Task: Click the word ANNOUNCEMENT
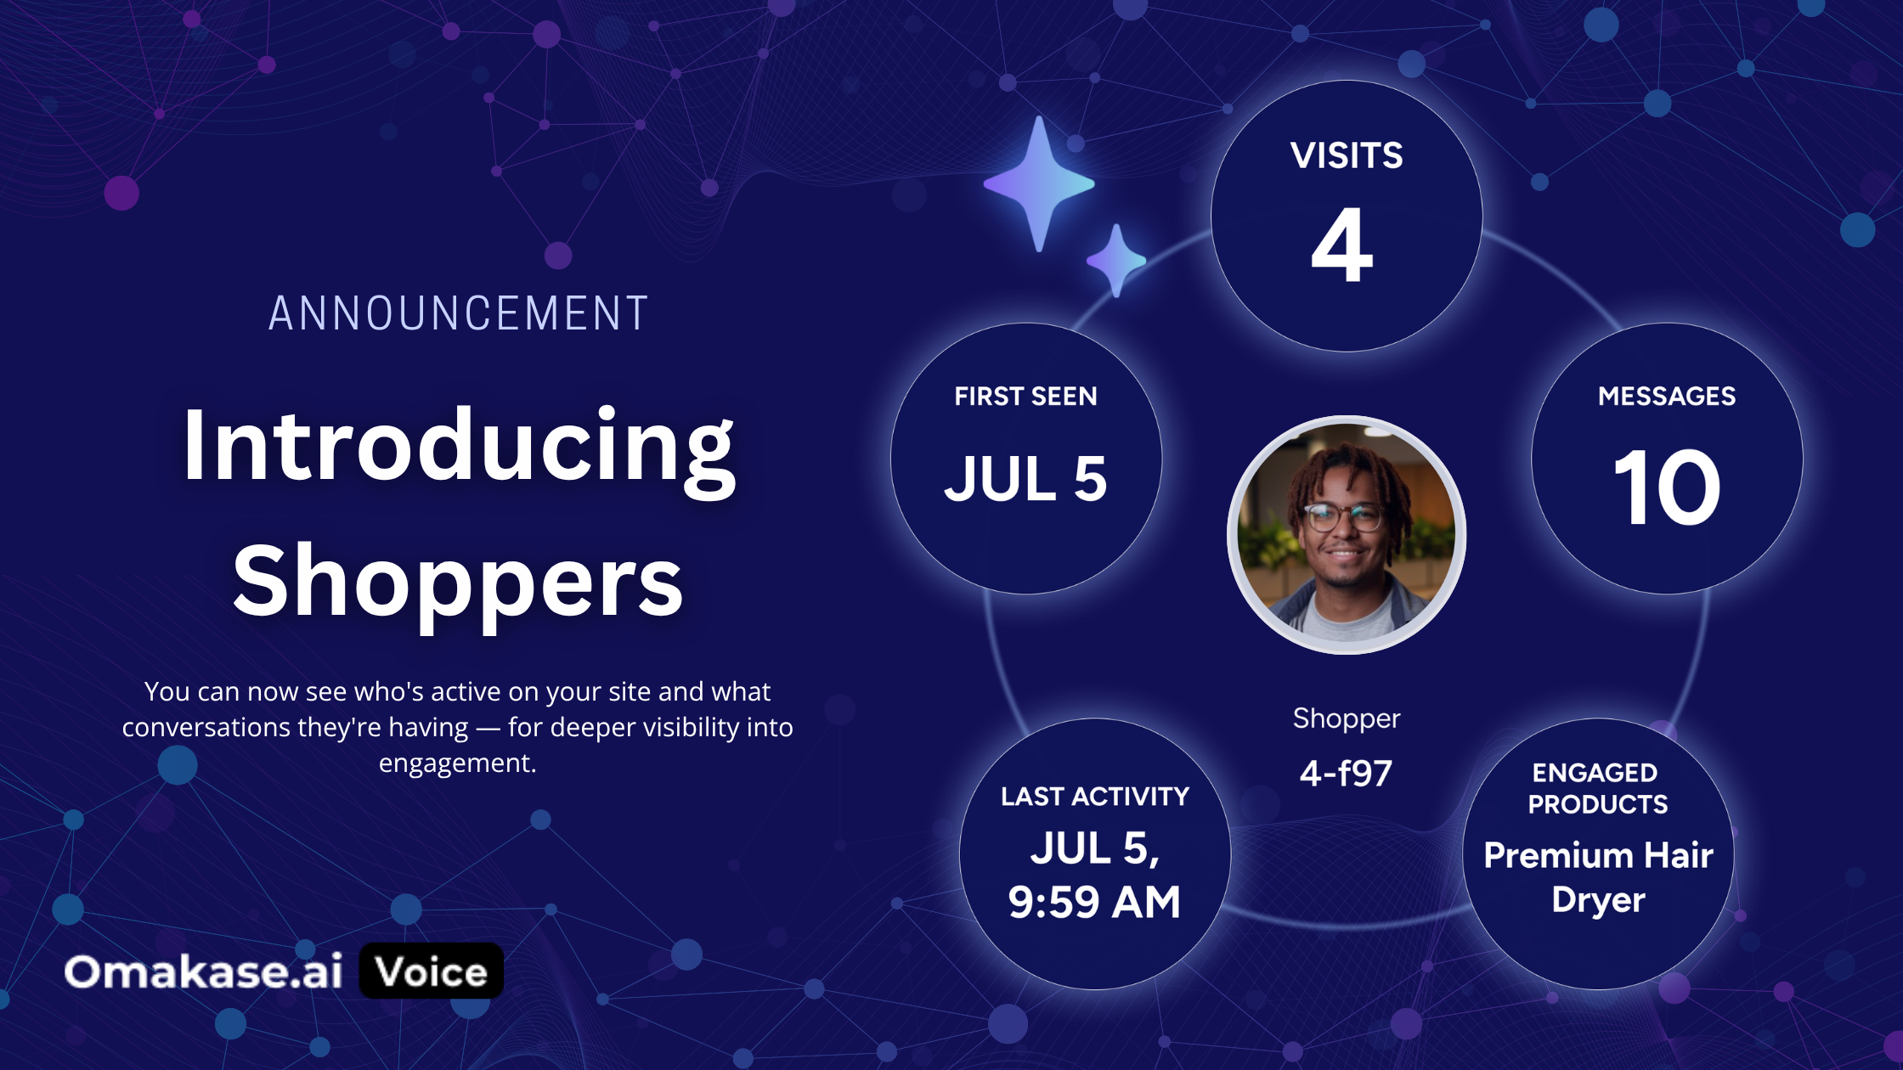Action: (x=459, y=313)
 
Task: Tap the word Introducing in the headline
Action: (x=459, y=448)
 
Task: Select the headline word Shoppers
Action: (x=458, y=584)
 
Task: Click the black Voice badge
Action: (x=432, y=971)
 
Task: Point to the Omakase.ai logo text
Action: (x=204, y=971)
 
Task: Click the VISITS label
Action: (x=1347, y=155)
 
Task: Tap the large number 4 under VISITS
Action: (x=1342, y=245)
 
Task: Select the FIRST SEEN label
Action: (x=1025, y=397)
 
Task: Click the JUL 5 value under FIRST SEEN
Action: (x=1025, y=479)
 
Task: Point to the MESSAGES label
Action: (x=1667, y=397)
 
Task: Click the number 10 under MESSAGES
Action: (x=1667, y=487)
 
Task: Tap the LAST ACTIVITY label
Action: (x=1095, y=797)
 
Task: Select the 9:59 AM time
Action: (x=1094, y=902)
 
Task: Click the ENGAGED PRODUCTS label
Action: (x=1597, y=788)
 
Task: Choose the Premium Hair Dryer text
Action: (x=1598, y=877)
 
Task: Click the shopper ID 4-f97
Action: (x=1346, y=773)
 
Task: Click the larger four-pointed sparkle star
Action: (x=1039, y=183)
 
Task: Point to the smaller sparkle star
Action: (x=1116, y=260)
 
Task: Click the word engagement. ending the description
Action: (x=457, y=763)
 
